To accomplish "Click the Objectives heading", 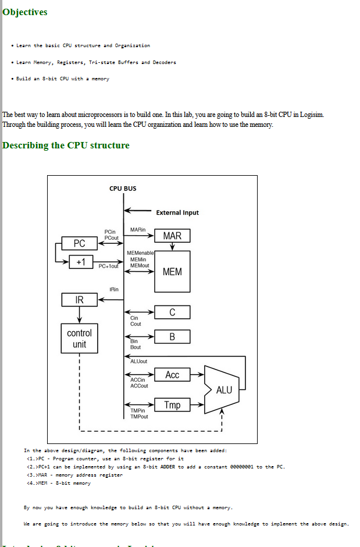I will coord(25,12).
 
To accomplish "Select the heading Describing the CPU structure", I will coord(66,145).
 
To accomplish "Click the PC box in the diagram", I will coord(80,243).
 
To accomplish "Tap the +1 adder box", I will coord(80,262).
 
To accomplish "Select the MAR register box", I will coord(172,236).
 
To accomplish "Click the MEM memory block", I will coord(172,272).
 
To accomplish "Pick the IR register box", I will coord(80,300).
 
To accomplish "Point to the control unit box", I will coord(80,338).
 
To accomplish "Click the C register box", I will coord(172,312).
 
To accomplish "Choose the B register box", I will coord(172,336).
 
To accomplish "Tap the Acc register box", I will coord(172,375).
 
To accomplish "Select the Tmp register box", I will coord(172,405).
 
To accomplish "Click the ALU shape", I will coord(223,389).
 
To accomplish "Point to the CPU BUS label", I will coord(123,189).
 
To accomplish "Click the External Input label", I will coord(177,213).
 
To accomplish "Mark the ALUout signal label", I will coord(139,361).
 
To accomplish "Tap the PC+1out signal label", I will coord(109,267).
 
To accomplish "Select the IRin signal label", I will coord(114,289).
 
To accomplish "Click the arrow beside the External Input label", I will coord(138,211).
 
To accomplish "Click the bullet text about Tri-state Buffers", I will coord(96,62).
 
